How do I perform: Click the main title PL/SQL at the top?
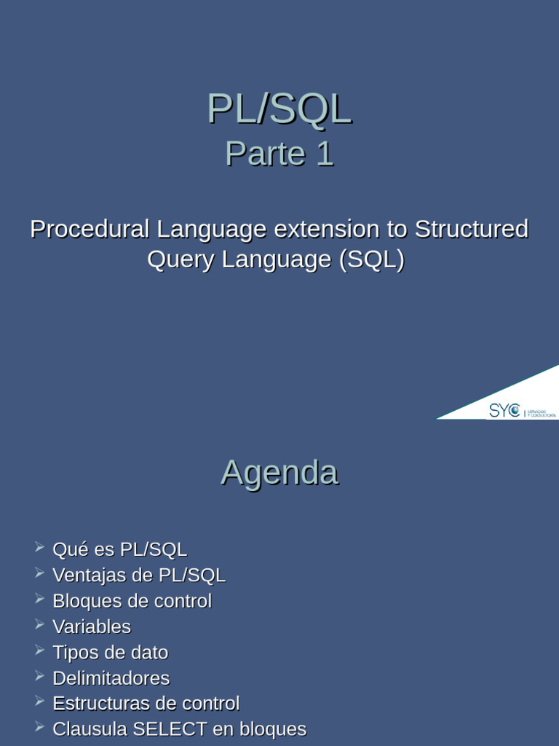click(279, 109)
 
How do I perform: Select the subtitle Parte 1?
click(279, 154)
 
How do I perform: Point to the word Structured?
click(471, 229)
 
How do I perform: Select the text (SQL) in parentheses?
click(372, 259)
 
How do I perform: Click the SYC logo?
click(504, 411)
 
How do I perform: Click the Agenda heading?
click(279, 472)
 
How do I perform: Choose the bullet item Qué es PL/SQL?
click(119, 549)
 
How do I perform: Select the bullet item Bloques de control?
click(132, 601)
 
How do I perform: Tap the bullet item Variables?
click(92, 627)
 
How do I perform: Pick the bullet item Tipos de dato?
click(110, 652)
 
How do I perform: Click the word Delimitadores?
click(111, 678)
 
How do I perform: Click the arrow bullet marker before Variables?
click(39, 624)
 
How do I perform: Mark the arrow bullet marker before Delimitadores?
click(39, 676)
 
